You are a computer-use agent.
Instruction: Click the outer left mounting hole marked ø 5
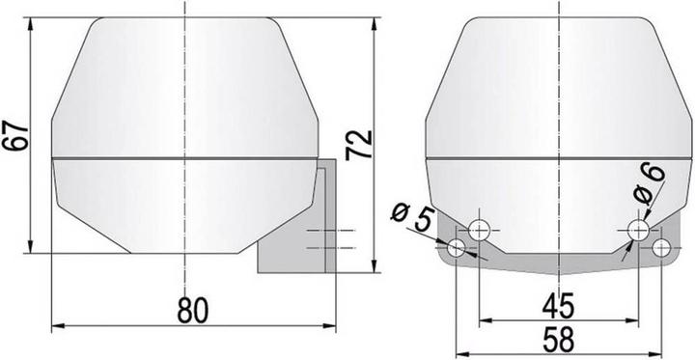click(x=455, y=250)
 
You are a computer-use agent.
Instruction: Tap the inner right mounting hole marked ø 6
click(x=638, y=230)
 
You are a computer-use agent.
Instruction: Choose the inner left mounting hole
click(x=479, y=230)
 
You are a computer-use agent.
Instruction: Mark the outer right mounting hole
click(x=661, y=248)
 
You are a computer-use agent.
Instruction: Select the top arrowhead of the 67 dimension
click(x=33, y=21)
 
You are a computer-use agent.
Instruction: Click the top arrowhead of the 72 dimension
click(x=371, y=21)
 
